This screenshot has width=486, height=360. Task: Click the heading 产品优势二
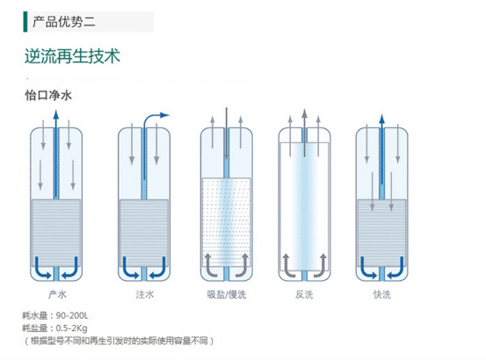[63, 22]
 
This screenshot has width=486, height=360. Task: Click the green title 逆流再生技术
[72, 56]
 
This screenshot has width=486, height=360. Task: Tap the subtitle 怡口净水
[48, 95]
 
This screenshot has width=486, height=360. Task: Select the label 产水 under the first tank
[57, 294]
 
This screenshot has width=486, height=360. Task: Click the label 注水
[144, 294]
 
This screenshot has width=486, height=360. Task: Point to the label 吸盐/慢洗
[227, 294]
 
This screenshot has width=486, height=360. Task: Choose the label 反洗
[304, 294]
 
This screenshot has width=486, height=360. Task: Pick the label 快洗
[381, 294]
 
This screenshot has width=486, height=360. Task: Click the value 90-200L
[72, 316]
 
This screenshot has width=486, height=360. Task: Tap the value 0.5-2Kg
[71, 328]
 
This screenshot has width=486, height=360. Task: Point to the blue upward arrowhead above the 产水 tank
[55, 114]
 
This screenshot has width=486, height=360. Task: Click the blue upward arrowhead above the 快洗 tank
[381, 119]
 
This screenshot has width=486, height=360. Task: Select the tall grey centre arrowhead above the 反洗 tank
[304, 113]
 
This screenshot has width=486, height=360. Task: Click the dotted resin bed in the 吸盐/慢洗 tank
[226, 222]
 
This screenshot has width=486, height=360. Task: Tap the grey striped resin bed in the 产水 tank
[56, 233]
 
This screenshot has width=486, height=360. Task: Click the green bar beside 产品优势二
[25, 22]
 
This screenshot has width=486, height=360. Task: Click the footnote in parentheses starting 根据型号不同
[119, 341]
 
